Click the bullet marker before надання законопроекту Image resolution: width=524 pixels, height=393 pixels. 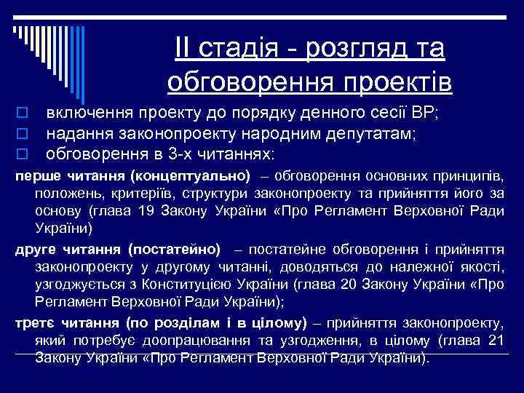23,134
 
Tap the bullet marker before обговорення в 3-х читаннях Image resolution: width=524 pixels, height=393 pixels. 23,154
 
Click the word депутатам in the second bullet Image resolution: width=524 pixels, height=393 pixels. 372,134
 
